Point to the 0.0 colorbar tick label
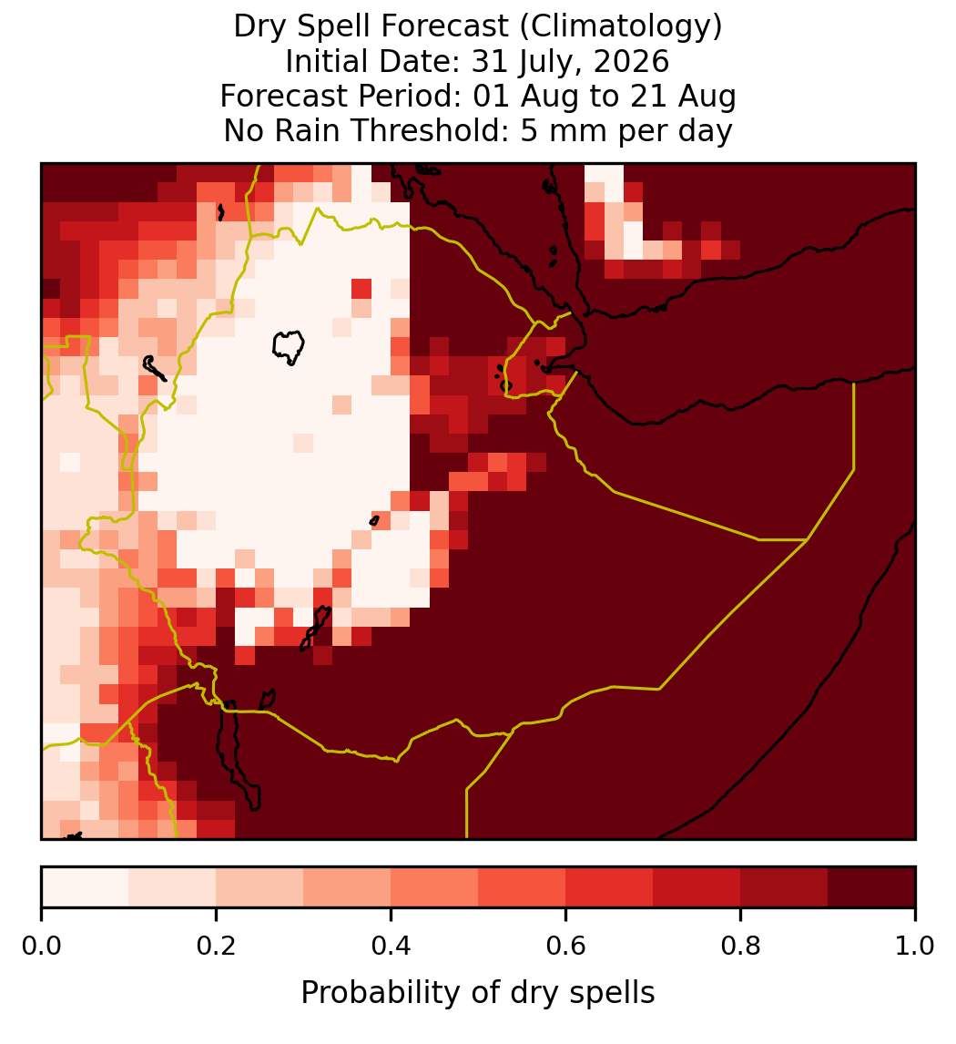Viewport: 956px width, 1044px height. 41,947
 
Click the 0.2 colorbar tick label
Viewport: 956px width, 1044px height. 216,947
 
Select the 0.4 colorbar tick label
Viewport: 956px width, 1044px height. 392,947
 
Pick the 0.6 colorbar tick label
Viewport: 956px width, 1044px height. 566,947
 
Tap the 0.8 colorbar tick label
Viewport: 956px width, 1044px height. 741,947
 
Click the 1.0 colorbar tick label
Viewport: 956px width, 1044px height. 915,947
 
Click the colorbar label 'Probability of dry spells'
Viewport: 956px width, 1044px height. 478,993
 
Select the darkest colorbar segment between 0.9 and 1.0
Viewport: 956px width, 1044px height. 872,887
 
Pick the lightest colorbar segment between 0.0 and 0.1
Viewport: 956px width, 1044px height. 86,887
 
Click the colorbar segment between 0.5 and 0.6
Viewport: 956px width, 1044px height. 523,887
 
